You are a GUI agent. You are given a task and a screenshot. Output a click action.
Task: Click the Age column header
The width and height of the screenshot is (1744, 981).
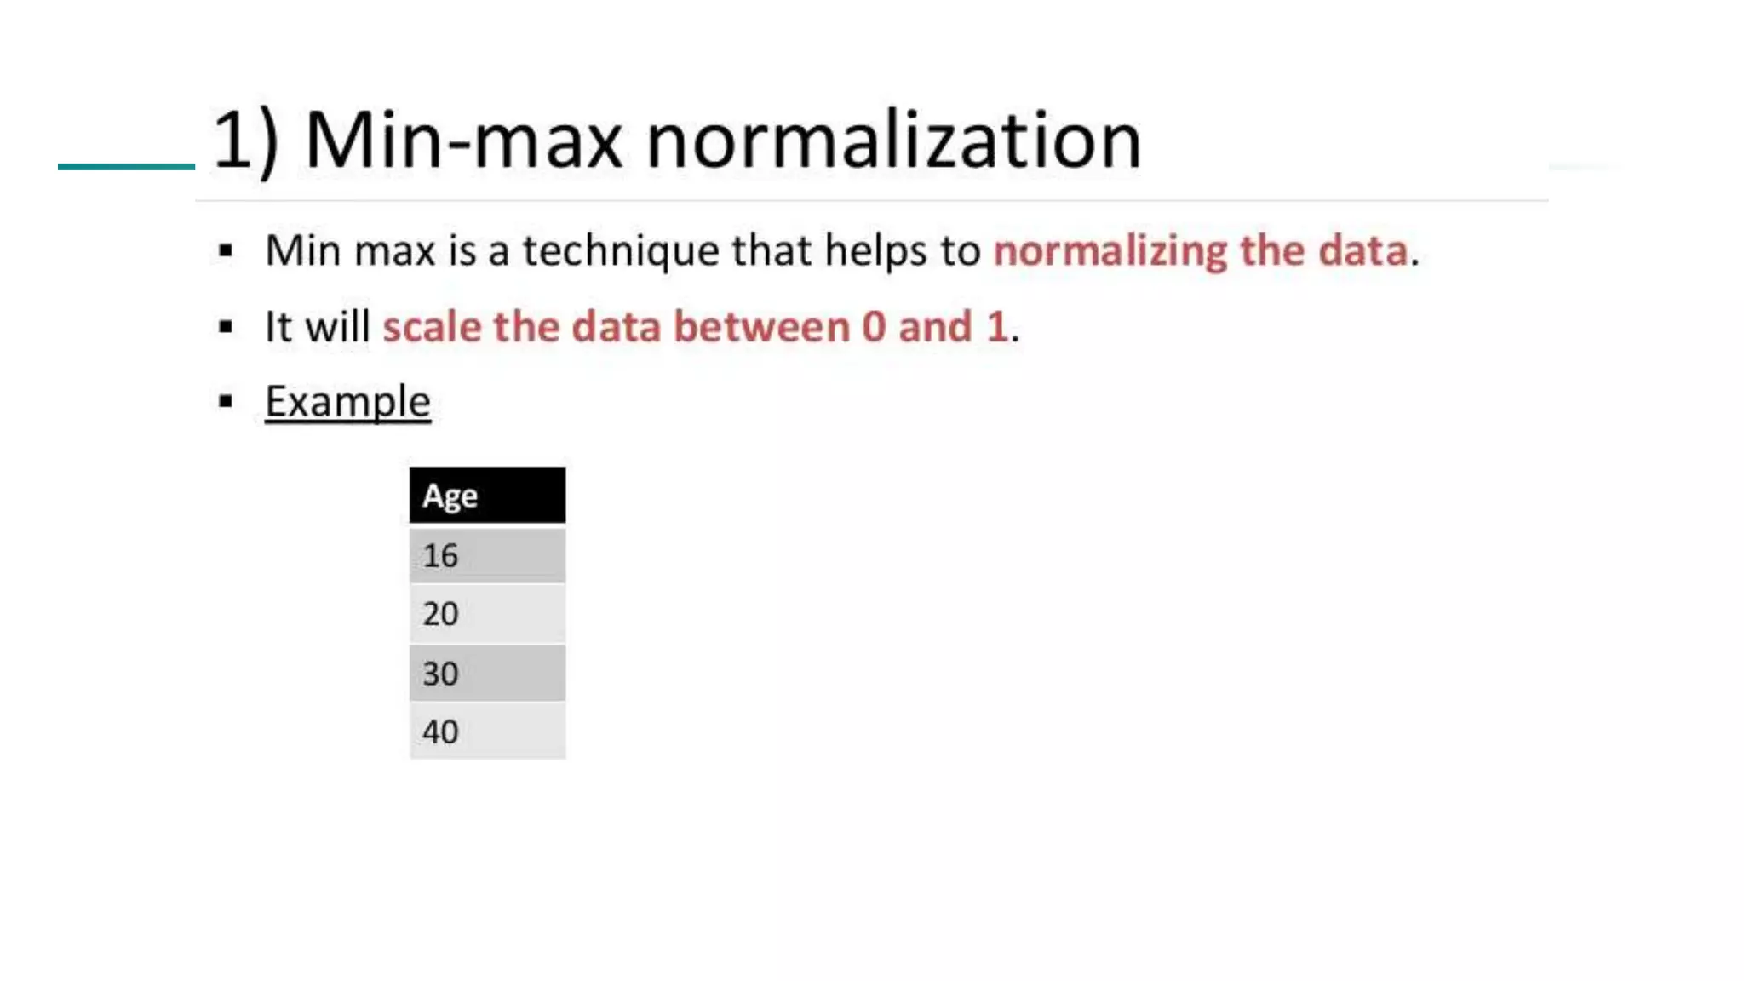pyautogui.click(x=486, y=495)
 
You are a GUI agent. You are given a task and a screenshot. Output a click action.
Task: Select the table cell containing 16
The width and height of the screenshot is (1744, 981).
pyautogui.click(x=486, y=556)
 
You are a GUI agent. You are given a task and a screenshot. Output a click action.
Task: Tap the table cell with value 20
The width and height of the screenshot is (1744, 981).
pyautogui.click(x=486, y=614)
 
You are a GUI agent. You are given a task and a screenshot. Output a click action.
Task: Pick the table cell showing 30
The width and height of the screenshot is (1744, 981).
pyautogui.click(x=486, y=674)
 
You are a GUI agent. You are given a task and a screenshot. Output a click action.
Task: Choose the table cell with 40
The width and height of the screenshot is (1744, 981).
pyautogui.click(x=486, y=731)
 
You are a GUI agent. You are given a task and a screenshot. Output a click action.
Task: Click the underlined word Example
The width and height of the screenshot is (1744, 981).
pyautogui.click(x=347, y=402)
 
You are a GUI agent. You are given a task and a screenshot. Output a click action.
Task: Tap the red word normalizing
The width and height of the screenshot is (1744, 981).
pyautogui.click(x=1110, y=251)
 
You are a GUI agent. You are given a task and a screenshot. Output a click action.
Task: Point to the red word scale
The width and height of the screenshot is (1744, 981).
pyautogui.click(x=432, y=327)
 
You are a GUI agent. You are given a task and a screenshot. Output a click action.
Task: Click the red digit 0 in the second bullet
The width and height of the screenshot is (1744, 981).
pyautogui.click(x=874, y=327)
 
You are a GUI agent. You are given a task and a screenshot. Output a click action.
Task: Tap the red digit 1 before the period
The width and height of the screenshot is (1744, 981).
pyautogui.click(x=997, y=327)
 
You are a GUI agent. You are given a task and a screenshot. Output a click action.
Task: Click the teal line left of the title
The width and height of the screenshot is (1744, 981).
pyautogui.click(x=126, y=166)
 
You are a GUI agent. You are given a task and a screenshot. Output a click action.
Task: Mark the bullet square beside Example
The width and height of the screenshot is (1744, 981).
pyautogui.click(x=226, y=401)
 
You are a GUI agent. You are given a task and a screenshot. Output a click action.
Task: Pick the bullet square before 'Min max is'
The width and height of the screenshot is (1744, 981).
pyautogui.click(x=226, y=250)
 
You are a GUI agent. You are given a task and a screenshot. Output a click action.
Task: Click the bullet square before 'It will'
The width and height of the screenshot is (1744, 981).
pyautogui.click(x=226, y=326)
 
